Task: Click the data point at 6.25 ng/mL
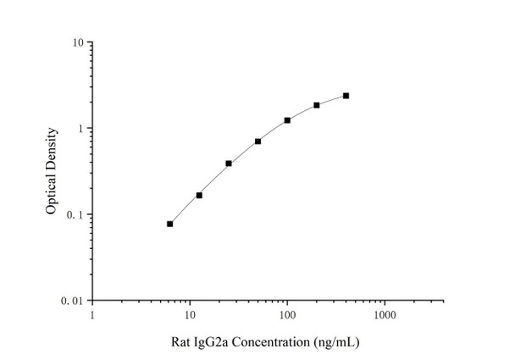click(170, 224)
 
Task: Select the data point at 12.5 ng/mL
click(199, 195)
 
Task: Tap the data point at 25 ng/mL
click(229, 163)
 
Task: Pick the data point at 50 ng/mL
click(257, 141)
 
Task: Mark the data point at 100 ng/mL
click(287, 120)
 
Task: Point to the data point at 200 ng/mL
click(317, 105)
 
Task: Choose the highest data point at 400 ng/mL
click(346, 96)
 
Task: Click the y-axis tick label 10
click(76, 42)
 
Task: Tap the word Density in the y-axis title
click(53, 149)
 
